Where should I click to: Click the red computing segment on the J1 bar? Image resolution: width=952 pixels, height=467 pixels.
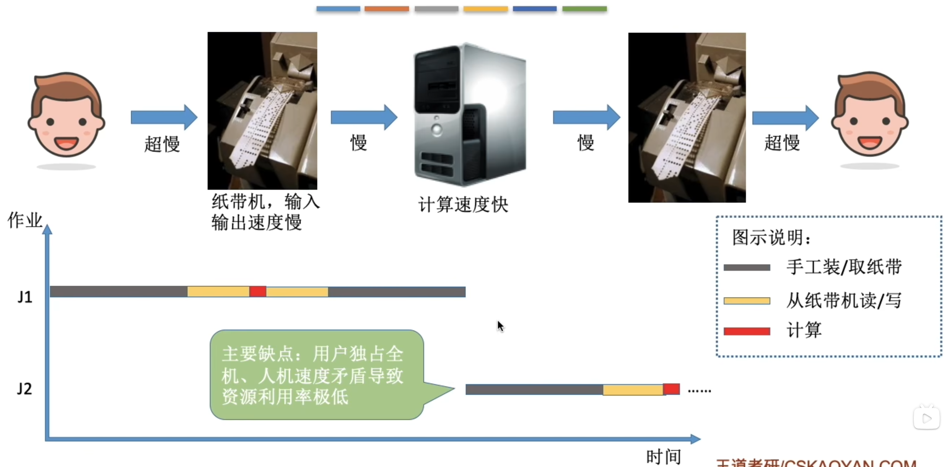click(258, 291)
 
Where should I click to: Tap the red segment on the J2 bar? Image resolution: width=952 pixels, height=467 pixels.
click(671, 389)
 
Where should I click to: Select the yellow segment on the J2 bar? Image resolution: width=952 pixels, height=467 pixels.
click(633, 390)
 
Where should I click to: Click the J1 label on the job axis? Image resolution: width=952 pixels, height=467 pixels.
click(25, 297)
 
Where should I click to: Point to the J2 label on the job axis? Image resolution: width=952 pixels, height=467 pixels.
click(24, 389)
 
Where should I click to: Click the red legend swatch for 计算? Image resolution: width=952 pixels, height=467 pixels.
click(747, 331)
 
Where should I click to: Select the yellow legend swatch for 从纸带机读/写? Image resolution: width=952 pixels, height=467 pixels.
click(747, 301)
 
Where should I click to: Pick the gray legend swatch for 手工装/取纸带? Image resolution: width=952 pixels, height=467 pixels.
click(747, 267)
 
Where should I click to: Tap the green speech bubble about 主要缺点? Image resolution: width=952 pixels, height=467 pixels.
click(317, 375)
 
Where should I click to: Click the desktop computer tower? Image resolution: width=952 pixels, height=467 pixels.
click(470, 115)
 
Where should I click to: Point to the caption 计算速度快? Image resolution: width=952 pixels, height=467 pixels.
click(463, 205)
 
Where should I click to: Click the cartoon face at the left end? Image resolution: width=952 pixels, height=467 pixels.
click(66, 115)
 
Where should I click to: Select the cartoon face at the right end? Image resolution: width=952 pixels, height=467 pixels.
click(869, 115)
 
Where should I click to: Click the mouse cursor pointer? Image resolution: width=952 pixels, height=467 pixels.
click(500, 326)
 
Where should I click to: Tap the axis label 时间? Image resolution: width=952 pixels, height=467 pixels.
click(664, 456)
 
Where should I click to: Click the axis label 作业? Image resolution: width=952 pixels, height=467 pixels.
click(25, 220)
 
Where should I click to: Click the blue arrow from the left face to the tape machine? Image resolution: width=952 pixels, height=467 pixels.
click(164, 117)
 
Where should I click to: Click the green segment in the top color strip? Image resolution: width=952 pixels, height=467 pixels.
click(584, 9)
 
